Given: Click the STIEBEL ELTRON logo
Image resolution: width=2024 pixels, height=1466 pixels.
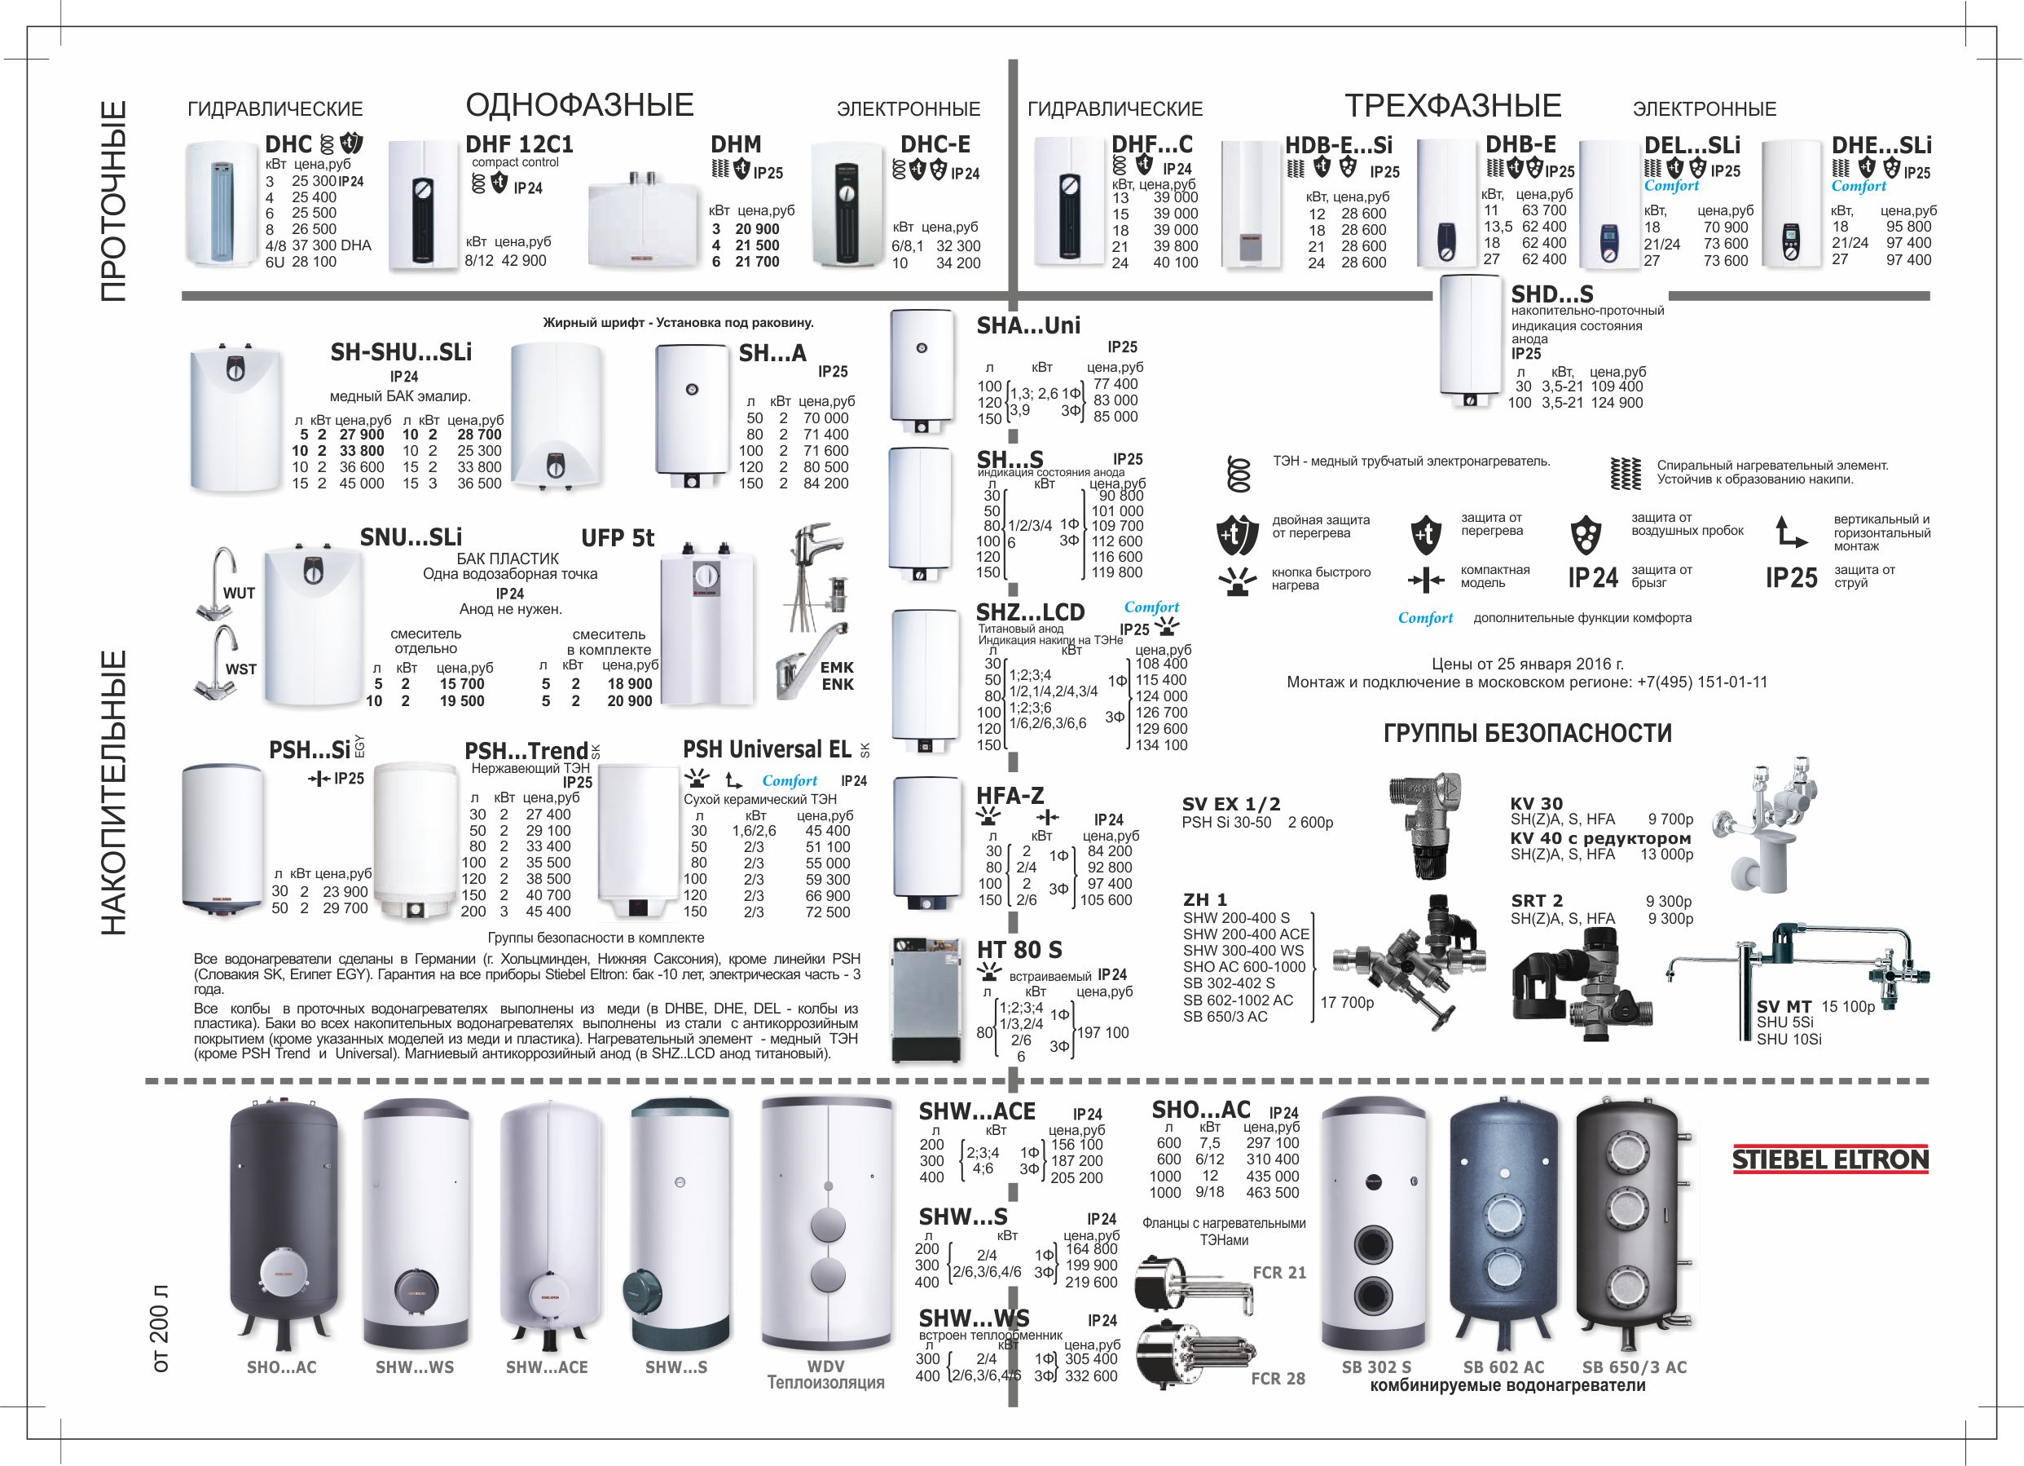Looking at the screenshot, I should coord(1830,1159).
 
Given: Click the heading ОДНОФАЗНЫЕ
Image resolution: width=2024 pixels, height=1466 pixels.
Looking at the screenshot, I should coord(579,105).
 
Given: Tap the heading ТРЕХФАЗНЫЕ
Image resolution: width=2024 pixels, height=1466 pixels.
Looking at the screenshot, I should coord(1453,106).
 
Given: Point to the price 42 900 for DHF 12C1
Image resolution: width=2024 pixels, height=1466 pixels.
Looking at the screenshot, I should coord(523,261).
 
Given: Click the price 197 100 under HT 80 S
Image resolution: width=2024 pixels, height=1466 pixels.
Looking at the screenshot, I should coord(1103,1033).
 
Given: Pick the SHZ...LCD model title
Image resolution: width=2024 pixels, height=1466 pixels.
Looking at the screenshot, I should coord(1030,612).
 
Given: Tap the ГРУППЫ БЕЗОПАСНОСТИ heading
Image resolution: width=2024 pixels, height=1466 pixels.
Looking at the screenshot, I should coord(1527,734).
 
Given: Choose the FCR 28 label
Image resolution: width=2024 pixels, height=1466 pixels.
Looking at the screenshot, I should coord(1278,1379).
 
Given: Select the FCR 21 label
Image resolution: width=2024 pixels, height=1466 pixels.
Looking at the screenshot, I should coord(1278,1273).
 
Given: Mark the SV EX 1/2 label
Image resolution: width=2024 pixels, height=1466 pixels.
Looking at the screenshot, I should coord(1230,806).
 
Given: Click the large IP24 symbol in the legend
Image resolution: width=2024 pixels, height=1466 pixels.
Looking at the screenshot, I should coord(1593,579).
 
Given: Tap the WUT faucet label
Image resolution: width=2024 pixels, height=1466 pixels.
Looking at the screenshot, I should coord(240,594).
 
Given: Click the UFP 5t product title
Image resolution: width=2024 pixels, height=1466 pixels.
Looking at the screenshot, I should coord(618,538).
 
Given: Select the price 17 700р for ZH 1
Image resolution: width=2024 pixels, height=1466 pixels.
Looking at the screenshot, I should coord(1347,1003).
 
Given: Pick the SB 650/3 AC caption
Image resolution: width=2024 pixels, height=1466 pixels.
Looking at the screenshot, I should coord(1634,1367).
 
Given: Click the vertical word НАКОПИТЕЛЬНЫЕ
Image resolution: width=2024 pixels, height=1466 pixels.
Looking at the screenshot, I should coord(113,793).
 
